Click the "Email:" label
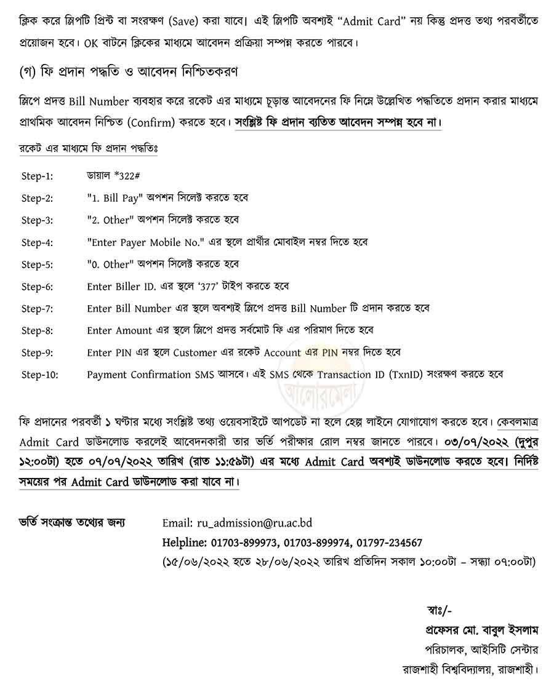click(177, 523)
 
